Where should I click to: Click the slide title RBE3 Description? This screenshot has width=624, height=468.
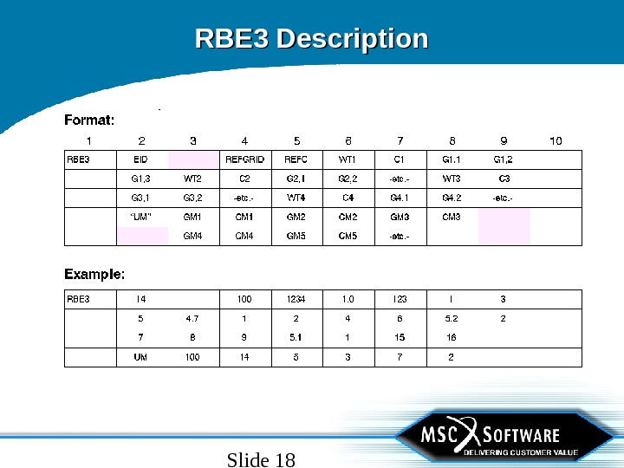[x=311, y=40]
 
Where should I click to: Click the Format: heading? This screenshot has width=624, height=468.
[x=89, y=120]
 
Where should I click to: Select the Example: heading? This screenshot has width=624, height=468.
[x=94, y=274]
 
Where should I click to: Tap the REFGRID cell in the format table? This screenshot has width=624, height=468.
[x=244, y=159]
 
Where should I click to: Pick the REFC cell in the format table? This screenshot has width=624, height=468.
[x=296, y=159]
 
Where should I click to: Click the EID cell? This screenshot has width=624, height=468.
[x=140, y=159]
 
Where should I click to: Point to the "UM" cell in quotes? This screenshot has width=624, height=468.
[x=140, y=217]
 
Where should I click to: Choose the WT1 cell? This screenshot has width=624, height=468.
[x=348, y=159]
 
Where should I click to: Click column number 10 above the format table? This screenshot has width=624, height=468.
[x=556, y=140]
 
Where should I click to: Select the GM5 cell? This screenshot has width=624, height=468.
[x=296, y=236]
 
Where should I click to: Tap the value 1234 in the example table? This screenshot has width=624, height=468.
[x=296, y=300]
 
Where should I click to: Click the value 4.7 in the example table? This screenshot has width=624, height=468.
[x=192, y=319]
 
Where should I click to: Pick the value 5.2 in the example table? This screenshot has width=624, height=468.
[x=451, y=319]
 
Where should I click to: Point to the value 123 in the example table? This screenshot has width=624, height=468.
[x=400, y=300]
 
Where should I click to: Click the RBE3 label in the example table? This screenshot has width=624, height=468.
[x=78, y=300]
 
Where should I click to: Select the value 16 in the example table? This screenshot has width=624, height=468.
[x=451, y=338]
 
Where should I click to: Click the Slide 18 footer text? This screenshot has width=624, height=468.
[x=261, y=459]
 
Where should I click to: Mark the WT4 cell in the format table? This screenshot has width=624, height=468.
[x=296, y=198]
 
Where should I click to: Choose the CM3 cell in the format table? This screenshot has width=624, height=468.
[x=451, y=217]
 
